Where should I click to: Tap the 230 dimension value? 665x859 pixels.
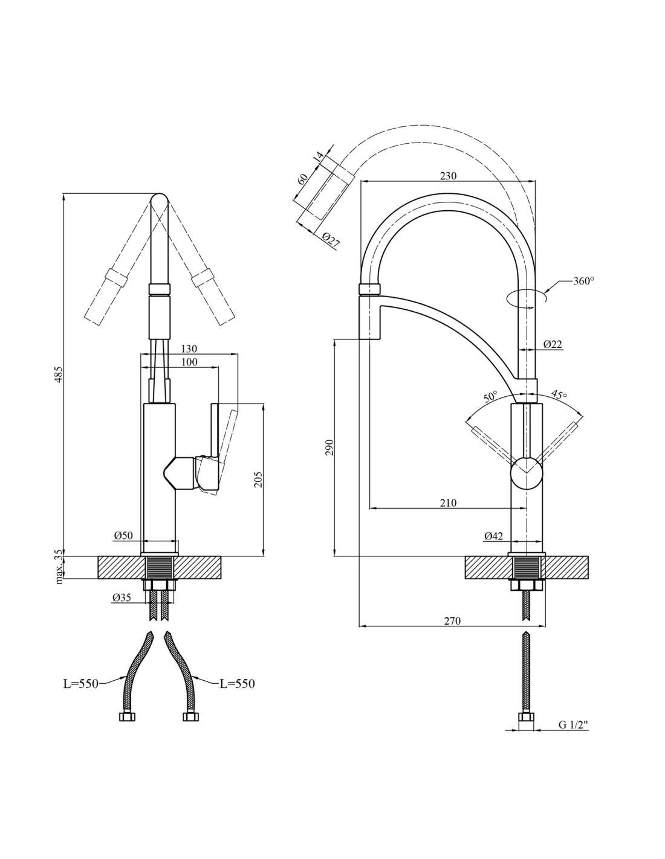tap(448, 176)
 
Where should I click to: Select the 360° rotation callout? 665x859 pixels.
tap(583, 281)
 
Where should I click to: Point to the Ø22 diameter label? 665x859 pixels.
tap(553, 344)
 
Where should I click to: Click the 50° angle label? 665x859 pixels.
tap(490, 397)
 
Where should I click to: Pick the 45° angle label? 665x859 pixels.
tap(559, 395)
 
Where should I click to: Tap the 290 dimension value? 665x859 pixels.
tap(329, 448)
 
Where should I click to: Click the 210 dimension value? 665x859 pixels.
tap(448, 503)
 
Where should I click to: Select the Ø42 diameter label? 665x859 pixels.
tap(493, 536)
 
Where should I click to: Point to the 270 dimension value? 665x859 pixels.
tap(452, 621)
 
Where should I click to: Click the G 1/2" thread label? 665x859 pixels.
tap(573, 725)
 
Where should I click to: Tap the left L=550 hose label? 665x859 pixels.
tap(80, 684)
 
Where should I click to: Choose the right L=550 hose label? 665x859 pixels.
tap(237, 684)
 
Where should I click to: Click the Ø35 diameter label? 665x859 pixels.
tap(122, 597)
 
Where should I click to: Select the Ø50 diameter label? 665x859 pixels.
tap(123, 536)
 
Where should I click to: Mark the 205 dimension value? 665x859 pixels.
tap(258, 479)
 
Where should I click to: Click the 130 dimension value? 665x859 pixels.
tap(189, 349)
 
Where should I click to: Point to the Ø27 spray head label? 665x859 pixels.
tap(331, 240)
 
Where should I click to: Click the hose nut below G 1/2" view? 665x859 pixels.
tap(527, 718)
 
